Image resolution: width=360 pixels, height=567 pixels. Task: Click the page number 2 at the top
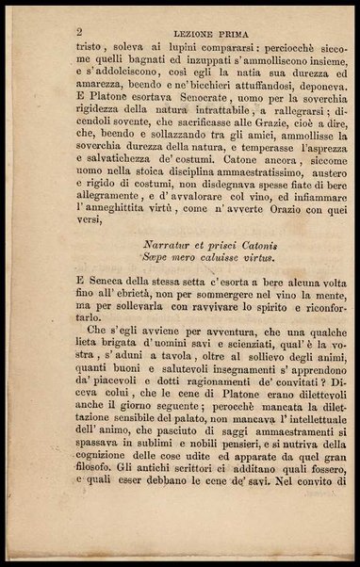tap(80, 31)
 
